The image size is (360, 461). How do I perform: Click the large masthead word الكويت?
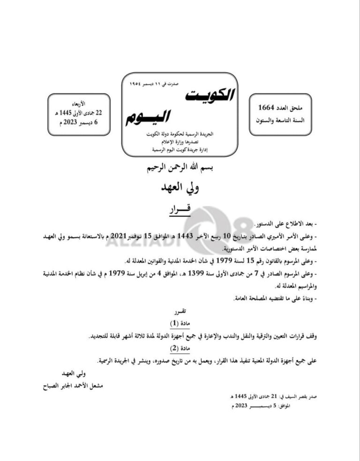209,95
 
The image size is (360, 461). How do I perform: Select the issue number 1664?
266,108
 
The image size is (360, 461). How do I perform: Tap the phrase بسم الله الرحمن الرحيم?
180,167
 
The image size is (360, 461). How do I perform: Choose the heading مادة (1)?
180,324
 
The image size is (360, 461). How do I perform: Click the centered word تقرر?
180,311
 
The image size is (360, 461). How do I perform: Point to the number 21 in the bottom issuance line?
266,397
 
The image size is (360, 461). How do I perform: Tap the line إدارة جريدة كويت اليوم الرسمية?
180,149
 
